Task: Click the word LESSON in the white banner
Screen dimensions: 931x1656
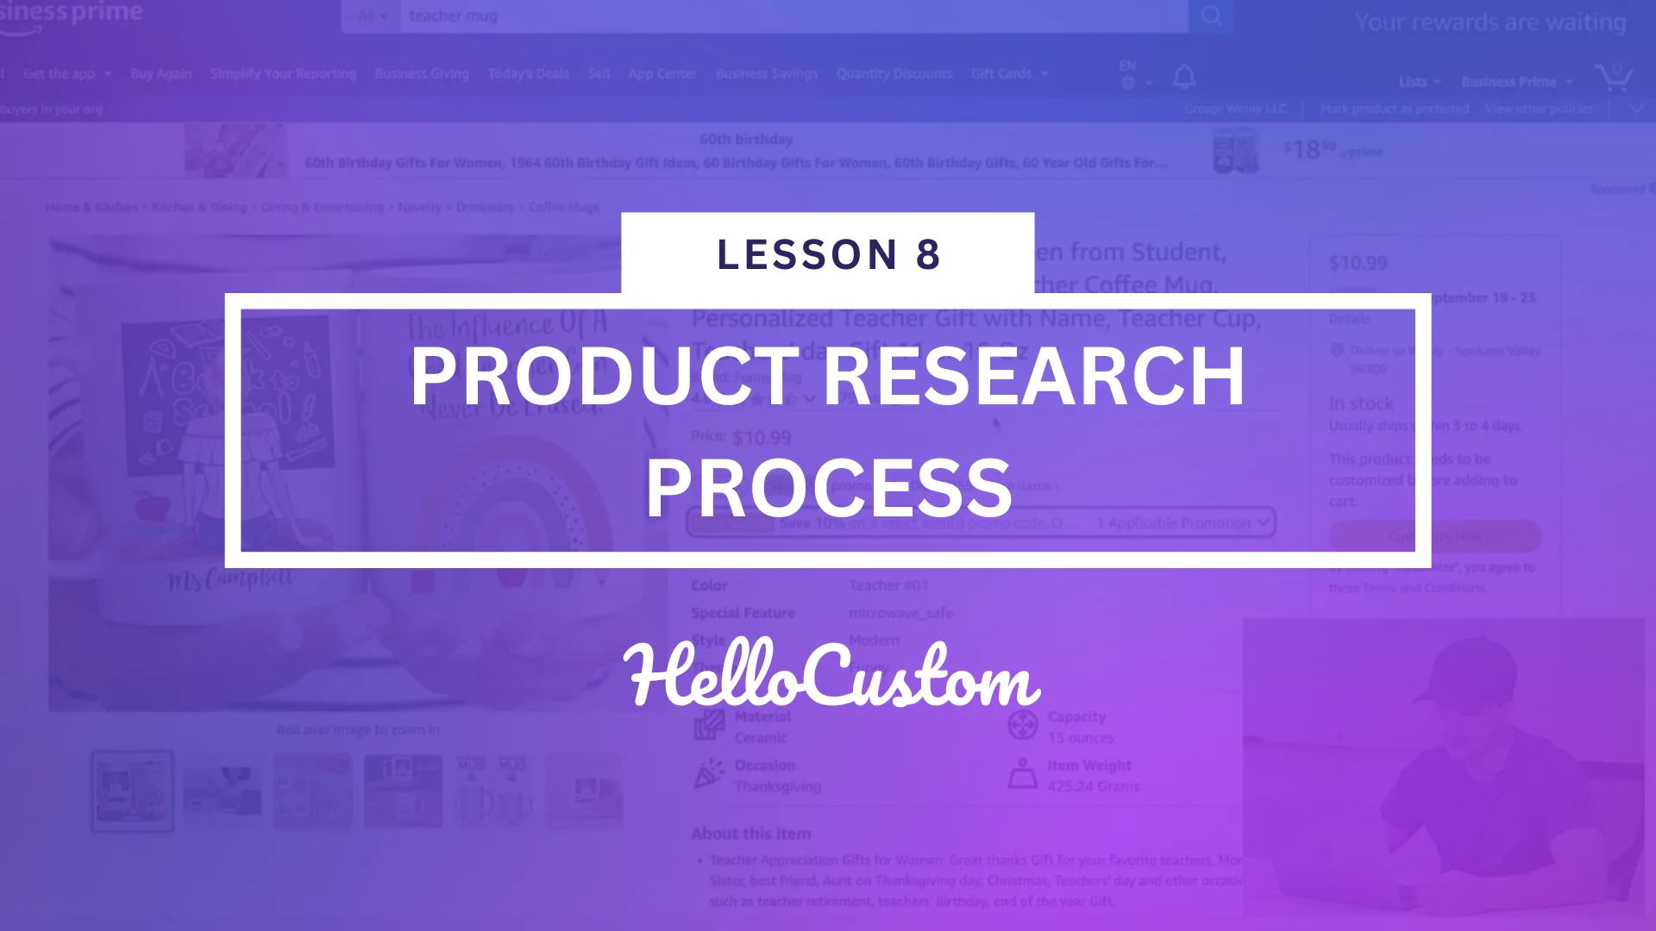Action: pyautogui.click(x=807, y=255)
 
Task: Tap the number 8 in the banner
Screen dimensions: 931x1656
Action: pyautogui.click(x=928, y=255)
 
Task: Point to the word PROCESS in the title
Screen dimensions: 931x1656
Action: pyautogui.click(x=828, y=488)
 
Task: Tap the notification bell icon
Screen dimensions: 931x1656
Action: pyautogui.click(x=1184, y=77)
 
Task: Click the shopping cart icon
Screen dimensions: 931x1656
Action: pyautogui.click(x=1612, y=77)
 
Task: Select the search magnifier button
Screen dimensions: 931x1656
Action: pyautogui.click(x=1211, y=16)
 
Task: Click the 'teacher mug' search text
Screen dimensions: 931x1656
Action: pyautogui.click(x=453, y=16)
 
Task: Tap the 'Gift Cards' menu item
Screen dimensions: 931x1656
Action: pyautogui.click(x=1001, y=74)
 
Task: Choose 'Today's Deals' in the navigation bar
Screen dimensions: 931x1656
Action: pyautogui.click(x=528, y=74)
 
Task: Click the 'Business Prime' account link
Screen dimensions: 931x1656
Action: pyautogui.click(x=1509, y=82)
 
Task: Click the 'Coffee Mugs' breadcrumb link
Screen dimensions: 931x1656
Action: pyautogui.click(x=563, y=207)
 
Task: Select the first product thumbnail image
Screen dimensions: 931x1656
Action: pyautogui.click(x=132, y=790)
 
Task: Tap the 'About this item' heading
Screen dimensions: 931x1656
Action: pyautogui.click(x=750, y=834)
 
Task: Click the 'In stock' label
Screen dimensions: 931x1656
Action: pyautogui.click(x=1360, y=403)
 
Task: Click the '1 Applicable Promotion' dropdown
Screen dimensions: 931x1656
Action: pyautogui.click(x=1182, y=523)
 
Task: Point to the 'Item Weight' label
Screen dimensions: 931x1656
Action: pyautogui.click(x=1088, y=765)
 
